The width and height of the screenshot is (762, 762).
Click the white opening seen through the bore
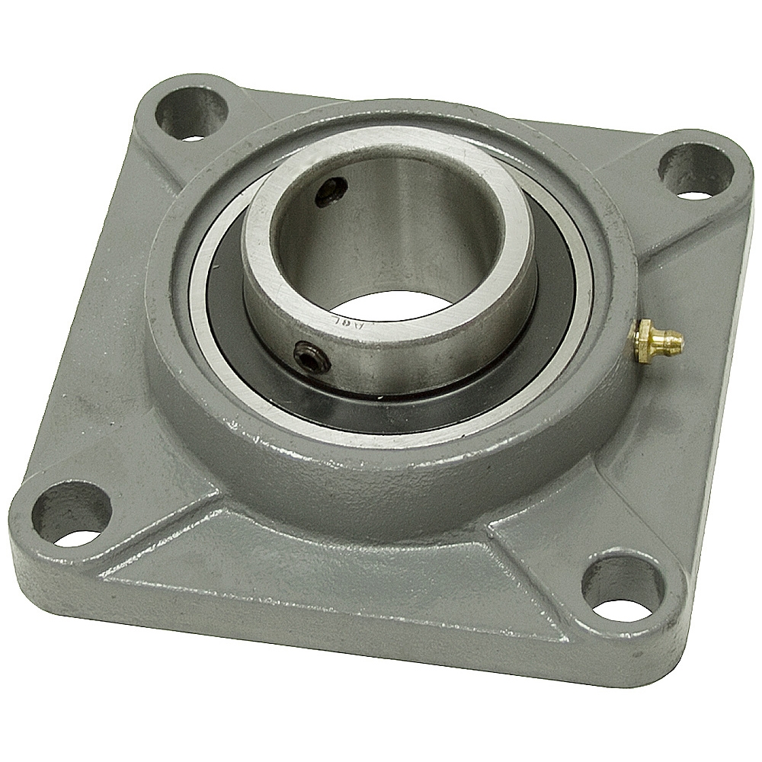tap(405, 293)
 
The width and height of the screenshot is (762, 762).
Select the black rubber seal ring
tap(229, 305)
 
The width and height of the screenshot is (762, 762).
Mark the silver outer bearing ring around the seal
tap(200, 290)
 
